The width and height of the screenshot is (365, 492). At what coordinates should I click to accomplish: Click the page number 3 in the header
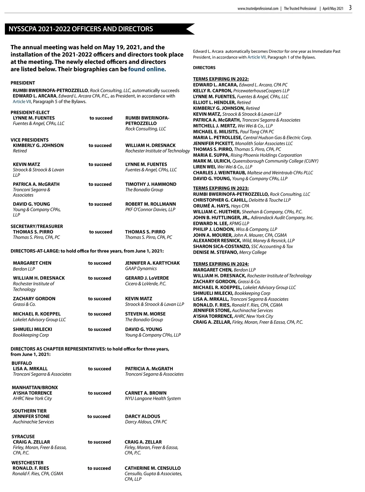[x=350, y=8]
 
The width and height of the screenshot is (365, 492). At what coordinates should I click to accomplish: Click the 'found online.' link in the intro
[x=147, y=69]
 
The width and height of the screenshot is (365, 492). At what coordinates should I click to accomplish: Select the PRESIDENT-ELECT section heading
[x=30, y=112]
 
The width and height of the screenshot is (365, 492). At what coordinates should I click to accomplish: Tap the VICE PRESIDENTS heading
[x=30, y=140]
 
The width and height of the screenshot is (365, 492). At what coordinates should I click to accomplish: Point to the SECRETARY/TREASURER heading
[x=37, y=226]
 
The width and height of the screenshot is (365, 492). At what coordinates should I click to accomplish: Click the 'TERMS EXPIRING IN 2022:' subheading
[x=221, y=79]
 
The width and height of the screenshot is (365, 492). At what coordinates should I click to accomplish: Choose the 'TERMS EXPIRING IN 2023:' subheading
[x=221, y=188]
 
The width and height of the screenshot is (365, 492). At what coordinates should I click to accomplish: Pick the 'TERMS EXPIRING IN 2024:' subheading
[x=221, y=264]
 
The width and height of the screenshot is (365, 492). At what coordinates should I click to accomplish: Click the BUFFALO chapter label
[x=22, y=363]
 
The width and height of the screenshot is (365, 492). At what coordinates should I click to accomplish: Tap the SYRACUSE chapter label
[x=23, y=436]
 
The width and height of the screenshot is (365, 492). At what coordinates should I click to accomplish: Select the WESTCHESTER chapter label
[x=27, y=463]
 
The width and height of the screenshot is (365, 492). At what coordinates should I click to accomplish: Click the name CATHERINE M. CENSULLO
[x=153, y=468]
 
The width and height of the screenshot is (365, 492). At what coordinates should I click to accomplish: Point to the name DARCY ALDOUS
[x=142, y=416]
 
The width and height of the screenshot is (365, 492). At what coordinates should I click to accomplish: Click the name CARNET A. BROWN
[x=146, y=393]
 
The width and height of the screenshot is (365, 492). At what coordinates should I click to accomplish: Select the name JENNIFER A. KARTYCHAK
[x=152, y=263]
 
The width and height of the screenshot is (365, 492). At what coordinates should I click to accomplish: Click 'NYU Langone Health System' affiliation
[x=153, y=398]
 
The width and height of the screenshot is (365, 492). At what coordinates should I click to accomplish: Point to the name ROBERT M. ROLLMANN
[x=151, y=204]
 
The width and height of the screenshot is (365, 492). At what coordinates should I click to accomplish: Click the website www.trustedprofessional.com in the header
[x=258, y=9]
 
